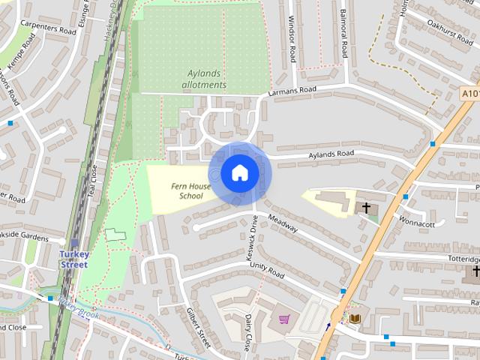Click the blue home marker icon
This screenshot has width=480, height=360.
click(x=239, y=172)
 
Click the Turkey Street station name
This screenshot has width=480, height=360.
click(x=74, y=259)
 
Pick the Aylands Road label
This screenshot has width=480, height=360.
click(x=331, y=154)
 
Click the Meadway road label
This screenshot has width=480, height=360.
click(x=283, y=223)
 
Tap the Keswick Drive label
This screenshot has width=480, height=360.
click(x=254, y=238)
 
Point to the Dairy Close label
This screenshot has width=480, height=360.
click(x=247, y=328)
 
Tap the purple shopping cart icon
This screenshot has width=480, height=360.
click(x=283, y=319)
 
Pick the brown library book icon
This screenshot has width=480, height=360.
click(x=355, y=319)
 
